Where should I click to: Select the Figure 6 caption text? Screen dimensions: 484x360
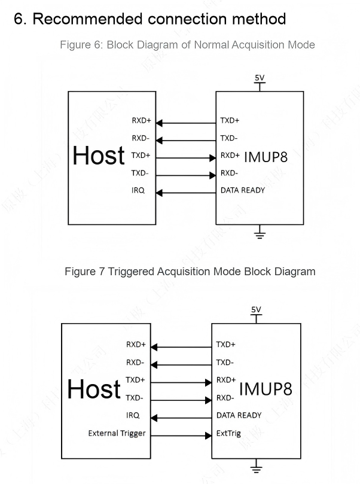pos(187,45)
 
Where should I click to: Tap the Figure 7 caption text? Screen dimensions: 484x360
pos(190,272)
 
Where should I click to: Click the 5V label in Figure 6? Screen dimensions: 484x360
pos(260,78)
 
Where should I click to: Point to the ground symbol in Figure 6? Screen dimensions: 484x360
pos(260,234)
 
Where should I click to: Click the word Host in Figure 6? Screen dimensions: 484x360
pos(99,156)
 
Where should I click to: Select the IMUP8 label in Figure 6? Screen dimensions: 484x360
pos(266,157)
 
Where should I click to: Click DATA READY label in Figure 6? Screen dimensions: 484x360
pos(242,190)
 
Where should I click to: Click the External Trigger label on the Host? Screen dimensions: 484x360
pos(117,433)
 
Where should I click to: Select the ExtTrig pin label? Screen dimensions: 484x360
pos(228,433)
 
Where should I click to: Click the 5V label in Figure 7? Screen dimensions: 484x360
pos(256,309)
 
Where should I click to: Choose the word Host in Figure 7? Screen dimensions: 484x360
pos(94,390)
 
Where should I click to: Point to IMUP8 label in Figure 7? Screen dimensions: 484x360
pos(266,389)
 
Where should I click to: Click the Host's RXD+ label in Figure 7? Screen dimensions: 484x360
pos(136,345)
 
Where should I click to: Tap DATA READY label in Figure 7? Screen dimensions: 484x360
pos(239,415)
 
